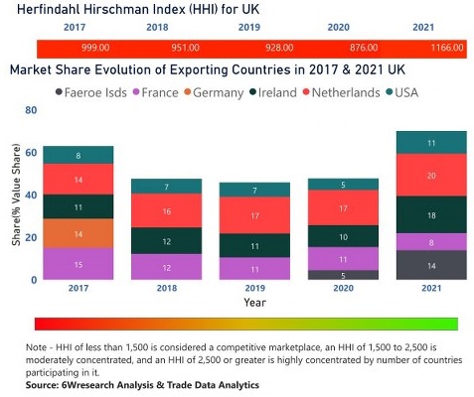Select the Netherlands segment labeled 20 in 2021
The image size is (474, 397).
(x=430, y=175)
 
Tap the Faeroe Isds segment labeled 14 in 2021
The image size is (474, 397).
(x=430, y=265)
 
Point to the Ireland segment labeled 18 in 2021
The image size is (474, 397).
(x=430, y=214)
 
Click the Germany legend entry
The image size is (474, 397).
(x=213, y=92)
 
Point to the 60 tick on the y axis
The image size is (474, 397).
(x=31, y=152)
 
